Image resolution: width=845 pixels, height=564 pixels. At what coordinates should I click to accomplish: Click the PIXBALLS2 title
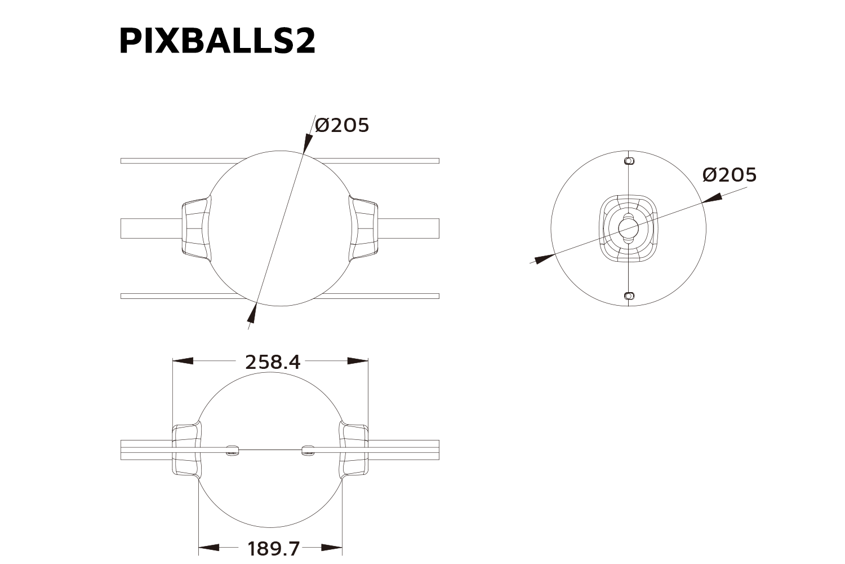point(217,41)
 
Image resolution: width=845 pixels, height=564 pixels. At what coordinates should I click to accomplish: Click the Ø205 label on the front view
point(342,125)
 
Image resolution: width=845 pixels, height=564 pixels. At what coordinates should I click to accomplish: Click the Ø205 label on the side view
point(730,175)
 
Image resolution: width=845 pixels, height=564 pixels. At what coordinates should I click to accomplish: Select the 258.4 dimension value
point(273,362)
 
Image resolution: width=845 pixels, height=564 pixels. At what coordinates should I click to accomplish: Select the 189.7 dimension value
point(274,548)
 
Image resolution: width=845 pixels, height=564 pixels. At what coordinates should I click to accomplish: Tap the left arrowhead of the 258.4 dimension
point(183,361)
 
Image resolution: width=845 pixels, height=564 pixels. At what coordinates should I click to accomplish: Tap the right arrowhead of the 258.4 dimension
point(358,361)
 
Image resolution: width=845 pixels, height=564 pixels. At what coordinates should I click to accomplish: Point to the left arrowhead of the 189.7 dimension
point(209,547)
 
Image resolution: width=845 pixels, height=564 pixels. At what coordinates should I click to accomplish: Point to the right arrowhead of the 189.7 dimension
point(332,547)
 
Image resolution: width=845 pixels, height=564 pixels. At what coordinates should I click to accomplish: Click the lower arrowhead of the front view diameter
point(252,314)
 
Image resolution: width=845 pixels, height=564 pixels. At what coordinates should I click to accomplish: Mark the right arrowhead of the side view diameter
point(712,198)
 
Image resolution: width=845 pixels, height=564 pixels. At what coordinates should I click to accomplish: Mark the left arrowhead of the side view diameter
point(544,259)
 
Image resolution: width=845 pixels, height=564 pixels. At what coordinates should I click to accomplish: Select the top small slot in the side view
point(629,161)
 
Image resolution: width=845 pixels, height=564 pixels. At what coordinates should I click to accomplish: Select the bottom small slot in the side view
point(629,296)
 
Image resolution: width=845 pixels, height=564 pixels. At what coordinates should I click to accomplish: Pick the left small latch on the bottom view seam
point(232,450)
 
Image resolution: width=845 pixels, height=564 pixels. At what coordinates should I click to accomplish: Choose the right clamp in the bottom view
point(353,450)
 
